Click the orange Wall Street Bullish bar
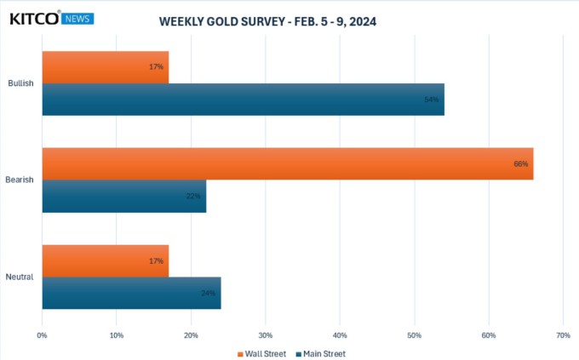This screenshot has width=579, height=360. coord(105,67)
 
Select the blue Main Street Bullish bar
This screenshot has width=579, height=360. coord(243,100)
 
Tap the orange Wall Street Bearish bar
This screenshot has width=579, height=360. coord(287,163)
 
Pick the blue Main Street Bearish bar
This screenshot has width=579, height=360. coord(123,196)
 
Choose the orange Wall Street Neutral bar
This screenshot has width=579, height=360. coord(105,260)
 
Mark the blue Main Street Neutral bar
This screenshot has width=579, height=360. coord(131,293)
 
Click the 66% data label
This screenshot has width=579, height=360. coord(521,163)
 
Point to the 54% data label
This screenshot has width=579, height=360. coord(432,100)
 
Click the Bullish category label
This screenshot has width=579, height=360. coord(20,83)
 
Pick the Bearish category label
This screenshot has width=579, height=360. coord(20,180)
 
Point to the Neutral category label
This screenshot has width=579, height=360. coord(20,277)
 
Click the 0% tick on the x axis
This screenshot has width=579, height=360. coord(42,335)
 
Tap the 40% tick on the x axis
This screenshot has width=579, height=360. coord(340,335)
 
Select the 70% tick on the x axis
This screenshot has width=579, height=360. coord(562,335)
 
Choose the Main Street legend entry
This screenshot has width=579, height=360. coord(322,353)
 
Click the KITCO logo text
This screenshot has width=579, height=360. coord(34,17)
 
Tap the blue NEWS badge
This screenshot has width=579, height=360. coord(78,18)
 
